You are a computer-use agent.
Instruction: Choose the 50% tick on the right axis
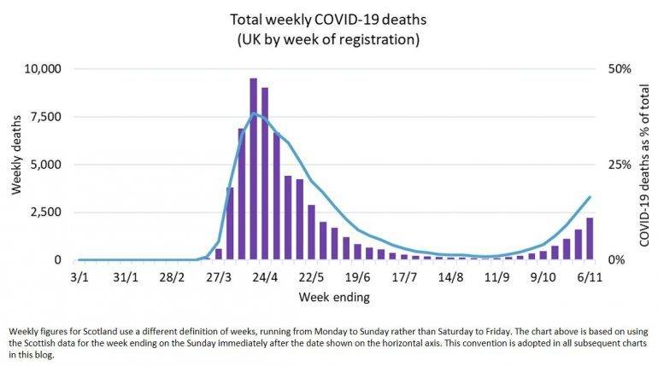(x=620, y=68)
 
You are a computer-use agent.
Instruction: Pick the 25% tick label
(x=620, y=164)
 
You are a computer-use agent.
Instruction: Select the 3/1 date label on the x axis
(x=79, y=278)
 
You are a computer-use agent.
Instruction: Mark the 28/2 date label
(x=172, y=278)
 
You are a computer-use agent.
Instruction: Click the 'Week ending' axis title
(x=334, y=298)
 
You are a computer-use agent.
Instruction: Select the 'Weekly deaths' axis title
(x=17, y=164)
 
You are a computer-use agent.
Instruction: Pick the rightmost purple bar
(x=590, y=239)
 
